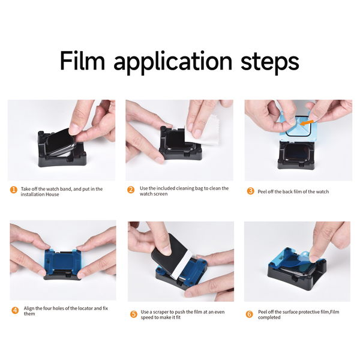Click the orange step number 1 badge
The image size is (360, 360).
point(14,190)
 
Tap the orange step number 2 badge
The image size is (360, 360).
point(131,190)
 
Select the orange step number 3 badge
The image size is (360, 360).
point(251,191)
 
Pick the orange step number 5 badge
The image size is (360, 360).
point(133,313)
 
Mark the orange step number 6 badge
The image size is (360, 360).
point(249,313)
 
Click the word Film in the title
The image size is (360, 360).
point(83,61)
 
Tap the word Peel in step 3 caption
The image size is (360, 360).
point(264,191)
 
